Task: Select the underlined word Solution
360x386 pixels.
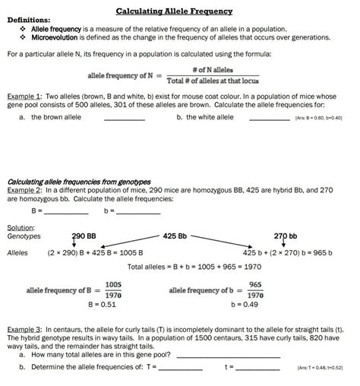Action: [21, 227]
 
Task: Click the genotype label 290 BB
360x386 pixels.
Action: [84, 236]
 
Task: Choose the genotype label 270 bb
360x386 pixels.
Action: [285, 236]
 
